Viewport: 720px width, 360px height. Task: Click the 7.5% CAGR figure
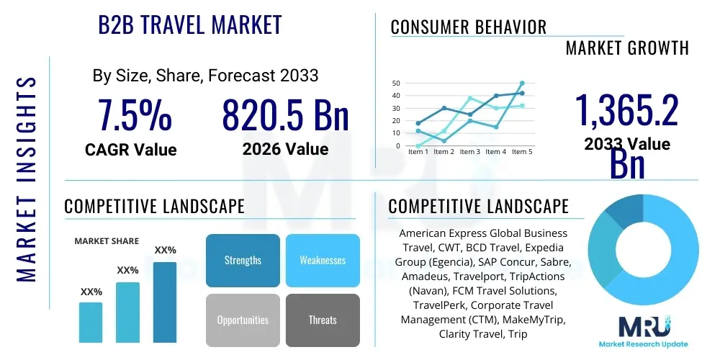tap(135, 115)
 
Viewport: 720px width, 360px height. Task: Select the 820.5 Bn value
tap(285, 115)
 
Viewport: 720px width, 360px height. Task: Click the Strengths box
tap(243, 261)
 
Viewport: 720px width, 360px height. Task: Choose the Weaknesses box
tap(323, 261)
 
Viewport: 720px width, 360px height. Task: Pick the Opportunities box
tap(243, 320)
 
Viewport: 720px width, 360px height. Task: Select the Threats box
tap(323, 320)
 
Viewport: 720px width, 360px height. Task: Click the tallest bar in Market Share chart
tap(165, 302)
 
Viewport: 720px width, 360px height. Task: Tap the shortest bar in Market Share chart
tap(91, 322)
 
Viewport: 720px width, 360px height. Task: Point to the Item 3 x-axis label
tap(469, 152)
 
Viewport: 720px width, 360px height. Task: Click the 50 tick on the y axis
tap(396, 84)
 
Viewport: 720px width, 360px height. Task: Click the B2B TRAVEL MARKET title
tap(189, 25)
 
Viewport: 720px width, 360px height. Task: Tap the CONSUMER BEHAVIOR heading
tap(468, 27)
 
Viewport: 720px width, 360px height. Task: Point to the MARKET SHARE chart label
tap(107, 241)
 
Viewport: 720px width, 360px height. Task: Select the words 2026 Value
tap(285, 149)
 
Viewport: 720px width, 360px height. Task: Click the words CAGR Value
tap(130, 150)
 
